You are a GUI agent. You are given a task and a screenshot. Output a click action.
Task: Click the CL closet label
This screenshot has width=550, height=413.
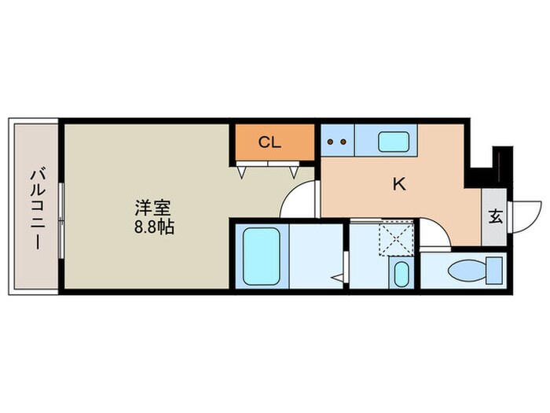pyautogui.click(x=269, y=142)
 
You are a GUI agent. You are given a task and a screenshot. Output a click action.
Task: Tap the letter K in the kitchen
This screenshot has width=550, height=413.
pyautogui.click(x=399, y=185)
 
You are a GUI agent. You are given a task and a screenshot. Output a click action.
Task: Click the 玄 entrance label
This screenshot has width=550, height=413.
pyautogui.click(x=496, y=216)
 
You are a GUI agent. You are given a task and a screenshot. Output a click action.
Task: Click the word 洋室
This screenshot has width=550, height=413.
pyautogui.click(x=152, y=209)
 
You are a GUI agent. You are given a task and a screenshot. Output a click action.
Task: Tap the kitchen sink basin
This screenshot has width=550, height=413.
pyautogui.click(x=393, y=142)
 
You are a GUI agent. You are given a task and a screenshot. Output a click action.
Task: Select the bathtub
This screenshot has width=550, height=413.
pyautogui.click(x=261, y=256)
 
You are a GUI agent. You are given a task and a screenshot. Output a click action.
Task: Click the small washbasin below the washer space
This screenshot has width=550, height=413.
pyautogui.click(x=401, y=275)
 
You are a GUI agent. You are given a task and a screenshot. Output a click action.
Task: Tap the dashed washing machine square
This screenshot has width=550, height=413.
pyautogui.click(x=396, y=238)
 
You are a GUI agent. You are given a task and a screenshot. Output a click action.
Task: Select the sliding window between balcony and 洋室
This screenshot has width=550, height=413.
pyautogui.click(x=60, y=206)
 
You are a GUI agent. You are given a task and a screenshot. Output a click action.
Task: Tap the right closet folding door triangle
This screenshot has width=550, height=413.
pyautogui.click(x=295, y=169)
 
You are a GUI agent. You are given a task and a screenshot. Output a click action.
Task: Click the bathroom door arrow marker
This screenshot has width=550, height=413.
pyautogui.click(x=339, y=277)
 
